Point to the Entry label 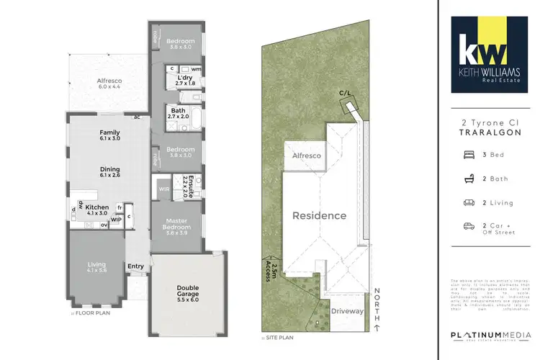[135, 266]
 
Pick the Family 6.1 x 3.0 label [110, 135]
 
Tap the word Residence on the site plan [318, 215]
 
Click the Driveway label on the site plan [348, 312]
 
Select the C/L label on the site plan [346, 94]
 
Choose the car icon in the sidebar [468, 226]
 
